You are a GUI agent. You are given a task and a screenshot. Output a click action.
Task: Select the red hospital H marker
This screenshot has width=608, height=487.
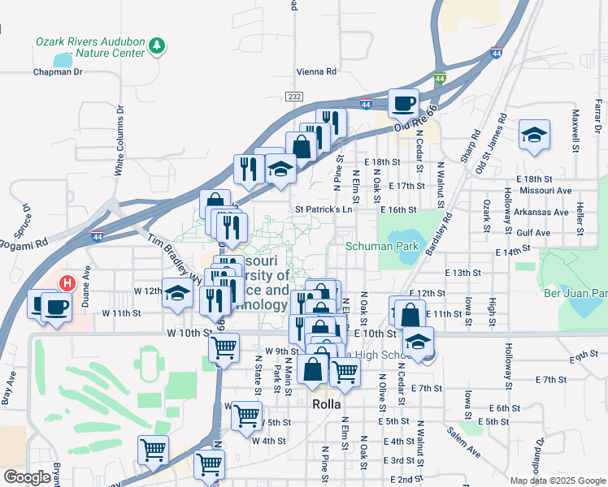[x=68, y=283]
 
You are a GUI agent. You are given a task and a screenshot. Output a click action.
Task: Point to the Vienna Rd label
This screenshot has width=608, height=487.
[x=317, y=71]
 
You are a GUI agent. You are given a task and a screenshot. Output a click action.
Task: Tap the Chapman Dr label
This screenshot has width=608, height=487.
[x=58, y=71]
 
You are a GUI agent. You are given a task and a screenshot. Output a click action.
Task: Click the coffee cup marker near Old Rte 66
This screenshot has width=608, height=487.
[x=403, y=103]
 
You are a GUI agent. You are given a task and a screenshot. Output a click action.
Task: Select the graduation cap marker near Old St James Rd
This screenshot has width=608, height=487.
[x=534, y=136]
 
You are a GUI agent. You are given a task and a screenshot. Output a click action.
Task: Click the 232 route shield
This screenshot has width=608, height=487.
[x=294, y=97]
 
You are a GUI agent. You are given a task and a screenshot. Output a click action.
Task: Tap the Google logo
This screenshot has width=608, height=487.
[x=27, y=477]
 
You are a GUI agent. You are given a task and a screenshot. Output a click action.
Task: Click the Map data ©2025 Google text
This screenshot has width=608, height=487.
[x=558, y=481]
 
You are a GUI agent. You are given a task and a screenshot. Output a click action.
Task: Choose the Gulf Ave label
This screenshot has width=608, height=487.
[x=532, y=232]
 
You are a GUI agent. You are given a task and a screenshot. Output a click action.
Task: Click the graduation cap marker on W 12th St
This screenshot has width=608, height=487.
[x=176, y=294]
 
